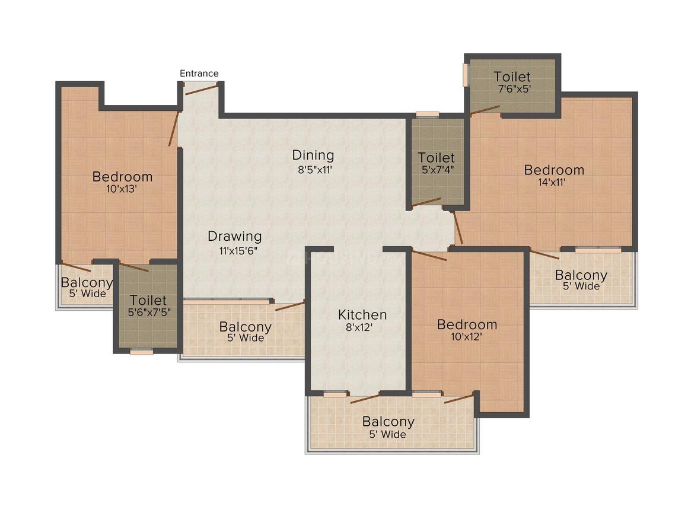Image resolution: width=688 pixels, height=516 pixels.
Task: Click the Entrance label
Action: click(x=199, y=74)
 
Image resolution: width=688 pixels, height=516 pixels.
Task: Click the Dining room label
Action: click(x=313, y=155)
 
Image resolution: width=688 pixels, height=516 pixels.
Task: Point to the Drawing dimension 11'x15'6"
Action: click(x=238, y=251)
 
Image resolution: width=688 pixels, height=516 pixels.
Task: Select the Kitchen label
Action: click(x=362, y=314)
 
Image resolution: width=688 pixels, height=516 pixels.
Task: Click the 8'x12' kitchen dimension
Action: click(x=359, y=327)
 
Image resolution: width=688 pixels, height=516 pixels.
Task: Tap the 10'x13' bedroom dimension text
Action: click(x=122, y=189)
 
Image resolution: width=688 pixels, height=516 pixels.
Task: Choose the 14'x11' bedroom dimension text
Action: click(x=552, y=183)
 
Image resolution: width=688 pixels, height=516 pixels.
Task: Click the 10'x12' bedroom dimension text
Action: click(x=467, y=337)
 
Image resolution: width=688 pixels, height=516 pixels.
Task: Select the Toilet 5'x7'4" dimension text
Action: click(x=438, y=170)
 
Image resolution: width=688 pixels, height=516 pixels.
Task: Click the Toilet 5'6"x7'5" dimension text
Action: click(x=149, y=313)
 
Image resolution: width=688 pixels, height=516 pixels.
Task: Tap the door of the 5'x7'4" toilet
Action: click(x=426, y=202)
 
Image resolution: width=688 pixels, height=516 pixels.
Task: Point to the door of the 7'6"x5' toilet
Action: click(x=485, y=110)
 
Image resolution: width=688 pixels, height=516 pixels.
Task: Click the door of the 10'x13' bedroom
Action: click(x=174, y=129)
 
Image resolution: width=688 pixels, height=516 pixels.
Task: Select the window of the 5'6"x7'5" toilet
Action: click(x=142, y=351)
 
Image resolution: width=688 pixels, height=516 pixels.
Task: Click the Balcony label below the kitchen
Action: click(x=388, y=421)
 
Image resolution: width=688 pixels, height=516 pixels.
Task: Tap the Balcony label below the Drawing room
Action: click(x=246, y=327)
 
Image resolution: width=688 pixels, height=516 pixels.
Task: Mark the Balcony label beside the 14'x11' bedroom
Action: click(x=581, y=275)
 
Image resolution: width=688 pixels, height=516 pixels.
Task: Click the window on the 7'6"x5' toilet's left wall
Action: click(x=466, y=75)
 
